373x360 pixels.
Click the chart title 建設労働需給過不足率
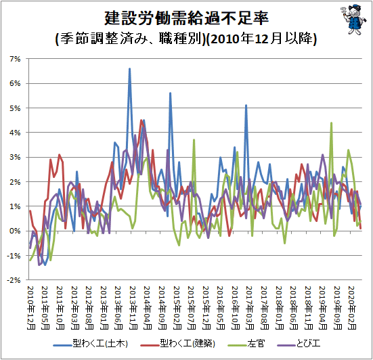coord(187,18)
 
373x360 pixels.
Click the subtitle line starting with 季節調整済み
coord(186,39)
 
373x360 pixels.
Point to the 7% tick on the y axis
coord(15,59)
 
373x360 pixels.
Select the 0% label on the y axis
coord(15,231)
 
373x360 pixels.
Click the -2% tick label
coord(14,280)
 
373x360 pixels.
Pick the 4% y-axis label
coord(15,133)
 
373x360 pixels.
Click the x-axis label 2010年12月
coord(31,308)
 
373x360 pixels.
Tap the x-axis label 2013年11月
coord(133,308)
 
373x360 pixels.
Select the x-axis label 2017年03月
coord(250,308)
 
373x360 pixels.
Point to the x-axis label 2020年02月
coord(352,308)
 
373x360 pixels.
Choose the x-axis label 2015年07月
coord(192,308)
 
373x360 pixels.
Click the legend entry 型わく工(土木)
coord(91,344)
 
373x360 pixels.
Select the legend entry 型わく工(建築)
coord(178,344)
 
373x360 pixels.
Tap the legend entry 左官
coord(246,344)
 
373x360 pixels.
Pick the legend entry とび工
coord(299,344)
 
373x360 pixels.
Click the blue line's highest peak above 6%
coord(130,69)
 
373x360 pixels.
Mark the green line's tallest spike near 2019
coord(331,123)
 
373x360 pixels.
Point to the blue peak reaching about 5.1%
coord(246,105)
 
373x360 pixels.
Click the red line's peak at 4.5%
coord(141,120)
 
